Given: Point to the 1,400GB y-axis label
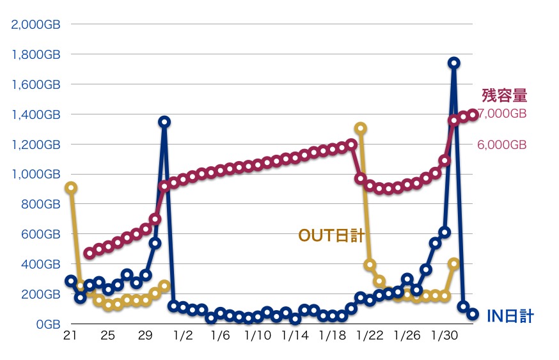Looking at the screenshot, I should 36,114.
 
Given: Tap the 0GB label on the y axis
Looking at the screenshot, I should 47,324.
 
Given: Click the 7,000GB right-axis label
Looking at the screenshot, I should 502,114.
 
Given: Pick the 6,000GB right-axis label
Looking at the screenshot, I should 502,145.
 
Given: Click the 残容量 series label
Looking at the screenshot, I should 505,96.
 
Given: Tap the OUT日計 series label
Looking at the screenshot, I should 331,236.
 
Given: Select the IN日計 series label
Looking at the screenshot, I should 510,315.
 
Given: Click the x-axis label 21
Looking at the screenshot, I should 71,336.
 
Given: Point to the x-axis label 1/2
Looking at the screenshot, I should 183,336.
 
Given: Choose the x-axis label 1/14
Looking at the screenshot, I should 295,336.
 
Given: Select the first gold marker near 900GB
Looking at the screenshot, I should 71,188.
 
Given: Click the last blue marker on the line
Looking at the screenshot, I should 473,314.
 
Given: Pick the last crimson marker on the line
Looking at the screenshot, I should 473,114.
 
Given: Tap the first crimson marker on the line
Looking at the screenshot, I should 90,253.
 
